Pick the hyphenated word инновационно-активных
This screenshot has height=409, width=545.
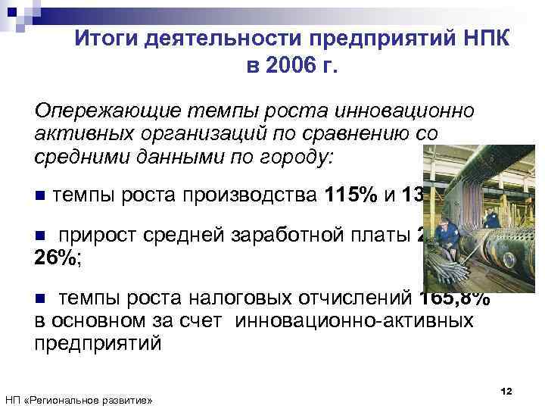click(x=355, y=320)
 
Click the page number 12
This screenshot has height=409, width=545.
click(x=506, y=390)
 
